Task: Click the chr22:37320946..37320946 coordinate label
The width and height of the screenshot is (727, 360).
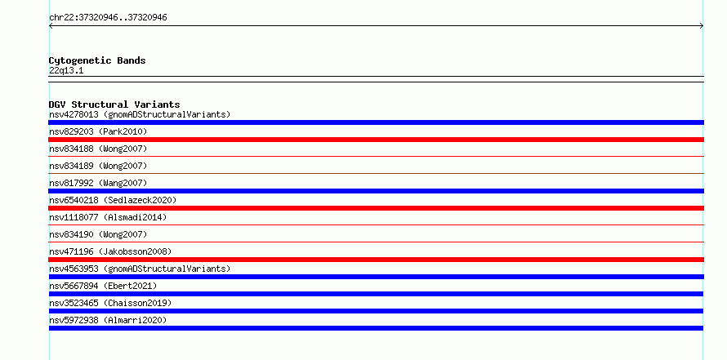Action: pos(108,18)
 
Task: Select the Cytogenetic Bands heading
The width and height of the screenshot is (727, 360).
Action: pos(97,60)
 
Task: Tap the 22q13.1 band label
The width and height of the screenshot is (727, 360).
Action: pos(66,71)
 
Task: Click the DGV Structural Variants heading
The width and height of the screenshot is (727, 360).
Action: pos(114,104)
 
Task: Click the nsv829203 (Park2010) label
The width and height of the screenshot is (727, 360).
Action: pos(98,131)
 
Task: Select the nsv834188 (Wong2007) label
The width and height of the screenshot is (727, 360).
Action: pos(98,149)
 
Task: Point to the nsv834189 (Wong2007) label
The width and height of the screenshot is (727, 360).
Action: pos(98,166)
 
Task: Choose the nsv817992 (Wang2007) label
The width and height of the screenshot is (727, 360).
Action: pos(98,183)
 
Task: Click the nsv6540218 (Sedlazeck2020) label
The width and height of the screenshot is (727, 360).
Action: pos(113,200)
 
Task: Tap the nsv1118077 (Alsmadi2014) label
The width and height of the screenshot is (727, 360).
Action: pos(108,217)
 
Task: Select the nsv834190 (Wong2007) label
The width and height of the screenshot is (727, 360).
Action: pos(98,234)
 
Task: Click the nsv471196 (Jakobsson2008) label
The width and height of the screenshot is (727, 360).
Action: pos(110,251)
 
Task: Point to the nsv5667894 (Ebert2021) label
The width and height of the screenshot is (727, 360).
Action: pos(103,286)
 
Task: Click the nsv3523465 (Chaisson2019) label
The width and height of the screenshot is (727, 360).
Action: pos(110,303)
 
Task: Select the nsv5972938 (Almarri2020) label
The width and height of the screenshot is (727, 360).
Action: pos(108,320)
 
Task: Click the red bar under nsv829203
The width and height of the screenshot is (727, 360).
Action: pos(376,140)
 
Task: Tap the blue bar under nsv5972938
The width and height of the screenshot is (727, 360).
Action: pos(376,328)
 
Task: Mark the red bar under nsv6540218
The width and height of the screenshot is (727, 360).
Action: pos(376,208)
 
